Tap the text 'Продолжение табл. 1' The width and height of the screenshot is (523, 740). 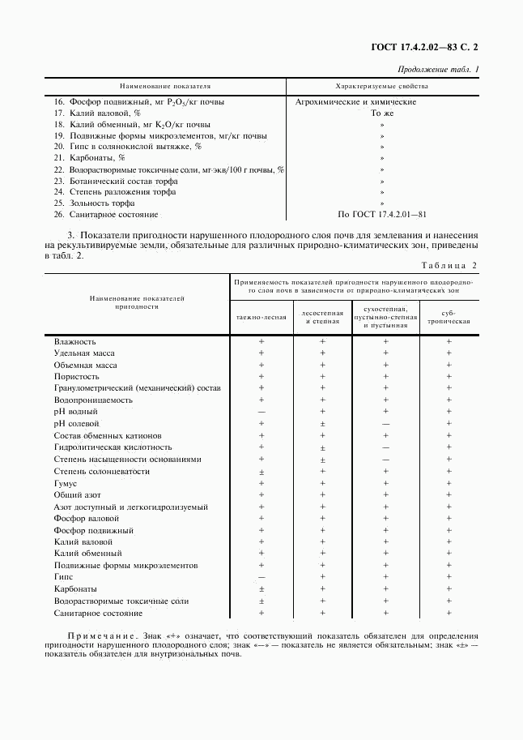coord(439,70)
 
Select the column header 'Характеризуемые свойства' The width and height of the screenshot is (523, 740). coord(381,85)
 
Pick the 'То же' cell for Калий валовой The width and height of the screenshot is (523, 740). coord(381,113)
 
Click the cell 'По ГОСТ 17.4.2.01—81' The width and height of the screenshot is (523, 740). coord(381,215)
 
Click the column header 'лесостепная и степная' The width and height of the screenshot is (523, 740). coord(322,317)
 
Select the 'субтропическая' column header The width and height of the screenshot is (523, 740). coord(449,317)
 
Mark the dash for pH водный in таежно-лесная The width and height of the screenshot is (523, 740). coord(261,412)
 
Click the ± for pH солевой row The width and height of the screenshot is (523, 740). coord(322,424)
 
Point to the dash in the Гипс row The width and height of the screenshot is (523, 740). coord(261,576)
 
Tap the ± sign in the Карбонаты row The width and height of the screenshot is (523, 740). coord(261,588)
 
